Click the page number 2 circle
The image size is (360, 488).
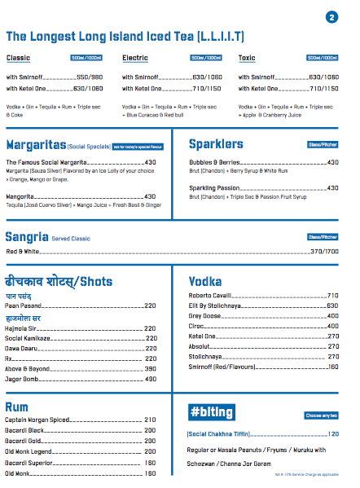click(331, 16)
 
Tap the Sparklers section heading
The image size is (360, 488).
click(216, 144)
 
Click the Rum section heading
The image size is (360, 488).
click(18, 406)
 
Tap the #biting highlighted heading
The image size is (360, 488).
click(212, 411)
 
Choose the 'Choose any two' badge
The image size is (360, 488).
click(322, 415)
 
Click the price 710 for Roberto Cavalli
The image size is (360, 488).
click(332, 295)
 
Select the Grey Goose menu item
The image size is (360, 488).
click(204, 315)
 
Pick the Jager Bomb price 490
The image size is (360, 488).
click(150, 379)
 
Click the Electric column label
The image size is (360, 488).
click(135, 59)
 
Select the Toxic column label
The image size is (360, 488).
click(247, 59)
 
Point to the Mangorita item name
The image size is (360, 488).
click(21, 196)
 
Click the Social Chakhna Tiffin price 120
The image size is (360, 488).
click(333, 434)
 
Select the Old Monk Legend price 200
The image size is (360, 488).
click(150, 451)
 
